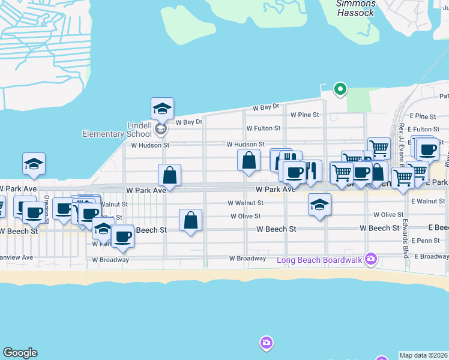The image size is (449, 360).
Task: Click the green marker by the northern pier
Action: click(340, 90)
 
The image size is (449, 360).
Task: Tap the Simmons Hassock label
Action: click(355, 8)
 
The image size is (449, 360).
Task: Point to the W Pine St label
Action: click(305, 115)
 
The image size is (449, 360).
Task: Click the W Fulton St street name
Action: click(264, 128)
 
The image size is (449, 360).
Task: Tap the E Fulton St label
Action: click(424, 130)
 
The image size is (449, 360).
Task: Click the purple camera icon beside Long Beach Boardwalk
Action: click(371, 259)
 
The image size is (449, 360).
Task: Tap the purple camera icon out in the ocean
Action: click(267, 343)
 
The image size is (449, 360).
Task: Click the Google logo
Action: click(20, 353)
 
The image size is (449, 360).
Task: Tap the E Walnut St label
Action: click(428, 202)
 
